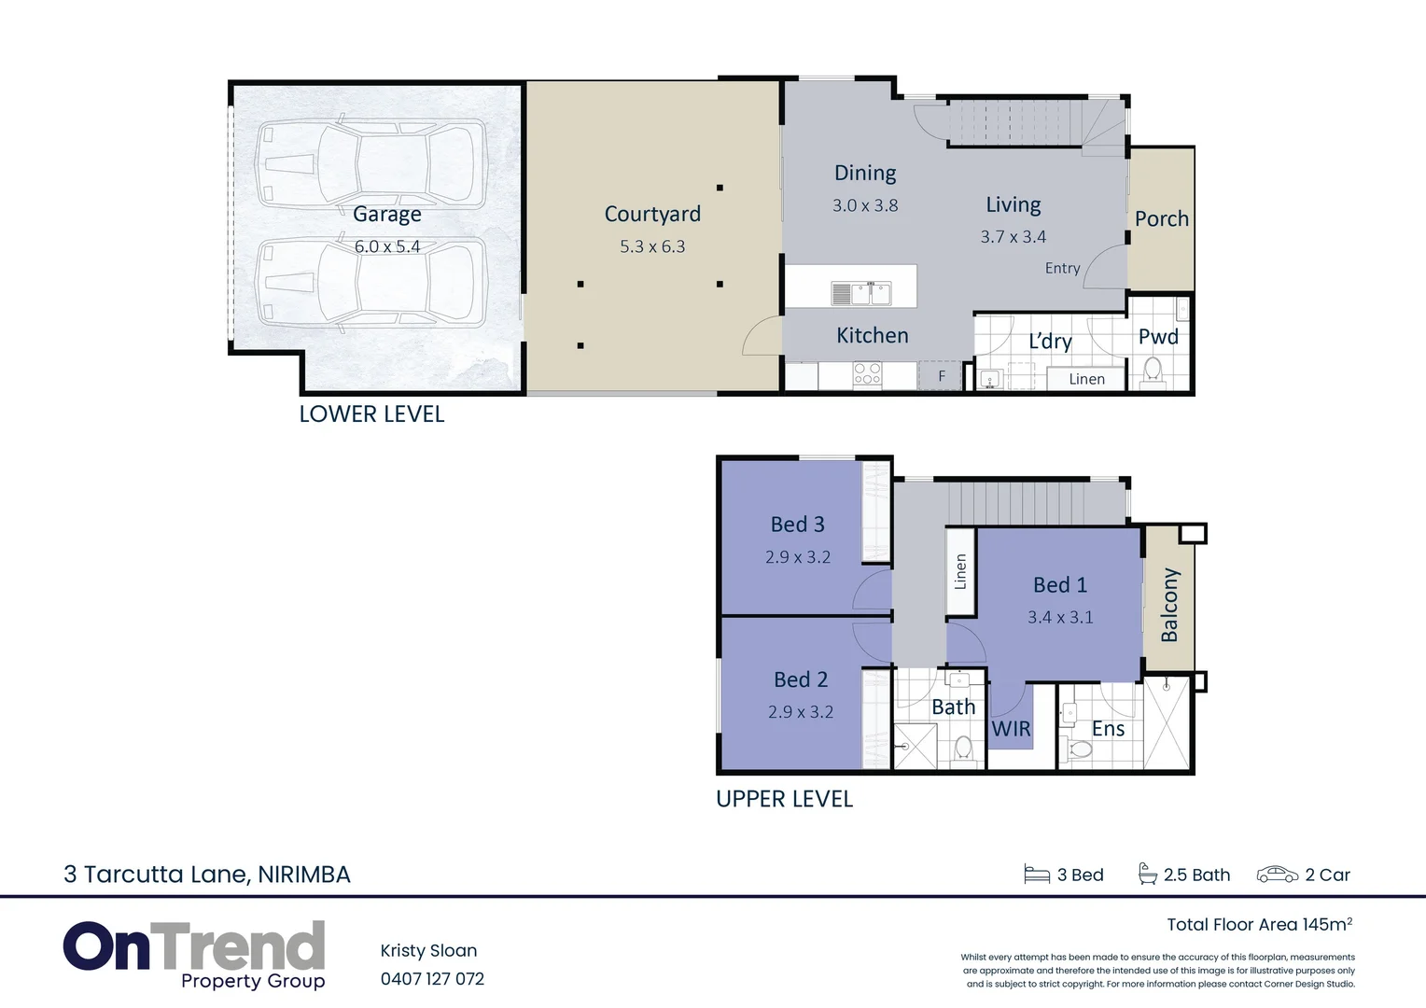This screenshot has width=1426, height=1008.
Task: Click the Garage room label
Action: [386, 215]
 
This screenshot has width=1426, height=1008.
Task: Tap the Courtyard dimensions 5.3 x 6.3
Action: [652, 247]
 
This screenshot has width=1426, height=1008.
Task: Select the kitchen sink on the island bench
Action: [861, 293]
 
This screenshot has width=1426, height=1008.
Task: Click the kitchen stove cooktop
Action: [867, 374]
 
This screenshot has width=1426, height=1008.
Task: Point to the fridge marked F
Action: [942, 376]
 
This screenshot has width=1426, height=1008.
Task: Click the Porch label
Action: [1161, 219]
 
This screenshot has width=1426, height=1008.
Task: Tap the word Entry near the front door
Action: [1062, 269]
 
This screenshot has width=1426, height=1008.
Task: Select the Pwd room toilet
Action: [1153, 370]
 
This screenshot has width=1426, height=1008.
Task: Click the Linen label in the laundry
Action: [1086, 379]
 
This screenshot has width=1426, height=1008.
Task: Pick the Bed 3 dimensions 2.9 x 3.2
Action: [798, 557]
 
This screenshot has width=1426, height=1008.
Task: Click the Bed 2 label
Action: [801, 679]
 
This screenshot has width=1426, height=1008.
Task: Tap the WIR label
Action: [1011, 729]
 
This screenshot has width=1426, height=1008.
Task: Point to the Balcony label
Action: [1169, 605]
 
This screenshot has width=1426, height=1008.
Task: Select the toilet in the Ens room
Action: [1080, 749]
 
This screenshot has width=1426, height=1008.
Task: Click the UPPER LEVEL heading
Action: [784, 799]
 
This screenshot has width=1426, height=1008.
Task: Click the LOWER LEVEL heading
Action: [371, 414]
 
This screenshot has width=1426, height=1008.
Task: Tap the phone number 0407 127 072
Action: [432, 979]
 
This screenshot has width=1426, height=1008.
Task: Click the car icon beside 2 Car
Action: [1277, 875]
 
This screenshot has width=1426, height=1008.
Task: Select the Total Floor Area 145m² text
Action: [1259, 924]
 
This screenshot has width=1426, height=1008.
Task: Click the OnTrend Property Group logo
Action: [194, 954]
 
